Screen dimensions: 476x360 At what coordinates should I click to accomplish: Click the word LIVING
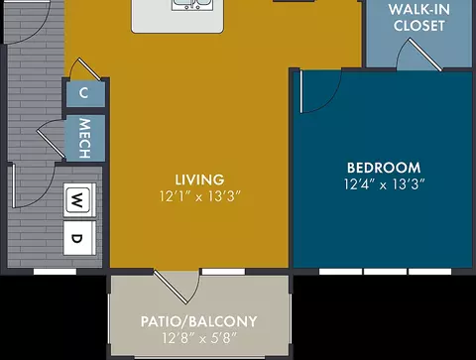click(x=199, y=180)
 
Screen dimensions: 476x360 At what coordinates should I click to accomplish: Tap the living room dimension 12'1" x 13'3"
click(x=199, y=196)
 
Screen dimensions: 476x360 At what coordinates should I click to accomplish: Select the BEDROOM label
click(x=384, y=168)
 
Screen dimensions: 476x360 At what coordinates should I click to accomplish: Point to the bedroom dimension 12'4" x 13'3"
click(x=384, y=184)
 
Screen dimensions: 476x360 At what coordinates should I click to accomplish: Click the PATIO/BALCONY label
click(x=199, y=321)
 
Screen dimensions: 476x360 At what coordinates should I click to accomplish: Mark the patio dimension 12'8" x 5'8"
click(x=199, y=338)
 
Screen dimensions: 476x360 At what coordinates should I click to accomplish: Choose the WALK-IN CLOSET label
click(x=419, y=18)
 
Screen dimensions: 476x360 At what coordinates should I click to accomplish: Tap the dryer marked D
click(x=79, y=238)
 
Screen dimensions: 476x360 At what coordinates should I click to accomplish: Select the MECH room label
click(x=84, y=138)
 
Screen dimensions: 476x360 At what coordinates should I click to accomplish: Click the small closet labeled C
click(x=85, y=94)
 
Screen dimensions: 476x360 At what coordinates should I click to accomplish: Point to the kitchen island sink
click(x=192, y=5)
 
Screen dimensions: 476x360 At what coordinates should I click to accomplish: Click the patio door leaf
click(x=171, y=287)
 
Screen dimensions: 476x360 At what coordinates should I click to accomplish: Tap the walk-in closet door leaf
click(x=425, y=55)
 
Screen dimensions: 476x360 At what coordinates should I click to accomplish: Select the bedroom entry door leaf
click(x=301, y=91)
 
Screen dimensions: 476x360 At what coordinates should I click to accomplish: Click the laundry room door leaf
click(x=14, y=186)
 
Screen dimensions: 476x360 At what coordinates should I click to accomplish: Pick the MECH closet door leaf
click(x=51, y=144)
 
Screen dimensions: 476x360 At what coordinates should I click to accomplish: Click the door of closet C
click(x=89, y=69)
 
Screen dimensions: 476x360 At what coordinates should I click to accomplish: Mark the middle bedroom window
click(x=385, y=272)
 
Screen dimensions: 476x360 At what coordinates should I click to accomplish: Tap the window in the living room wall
click(x=223, y=272)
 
